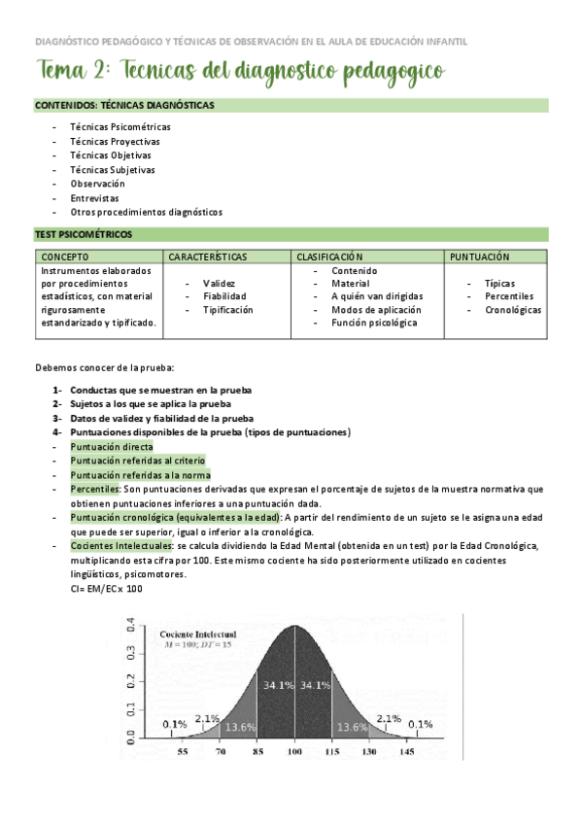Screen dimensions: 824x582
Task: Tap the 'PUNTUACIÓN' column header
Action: click(x=480, y=257)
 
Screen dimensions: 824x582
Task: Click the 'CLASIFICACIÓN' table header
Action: click(x=329, y=257)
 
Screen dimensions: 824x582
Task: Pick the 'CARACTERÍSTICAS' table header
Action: click(x=208, y=257)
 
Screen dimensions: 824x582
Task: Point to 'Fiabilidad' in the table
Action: click(x=224, y=296)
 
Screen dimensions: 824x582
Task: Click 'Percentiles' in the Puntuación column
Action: click(x=509, y=296)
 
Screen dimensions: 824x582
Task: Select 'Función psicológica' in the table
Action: click(x=374, y=323)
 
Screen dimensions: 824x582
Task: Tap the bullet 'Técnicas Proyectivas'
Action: click(x=115, y=141)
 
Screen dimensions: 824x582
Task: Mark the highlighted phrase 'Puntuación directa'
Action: click(x=111, y=447)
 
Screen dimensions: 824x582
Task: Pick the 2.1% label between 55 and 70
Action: click(x=207, y=718)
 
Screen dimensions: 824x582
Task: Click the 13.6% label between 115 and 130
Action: click(x=352, y=726)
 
